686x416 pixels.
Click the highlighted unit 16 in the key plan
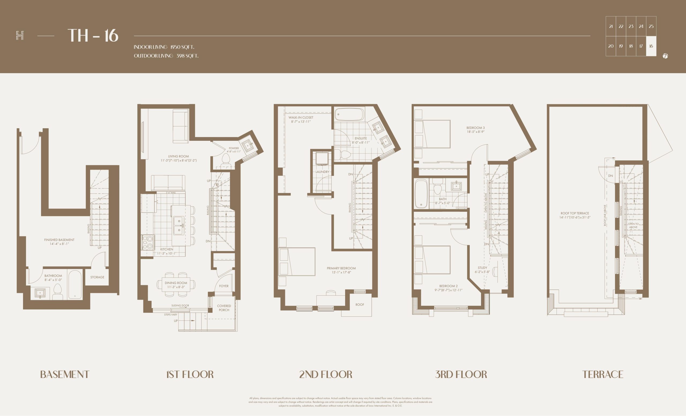tap(651, 46)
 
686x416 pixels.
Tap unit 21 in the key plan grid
tap(611, 27)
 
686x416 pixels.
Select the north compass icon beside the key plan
tap(665, 56)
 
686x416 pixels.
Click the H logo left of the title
tap(20, 36)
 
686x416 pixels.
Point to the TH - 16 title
tap(93, 36)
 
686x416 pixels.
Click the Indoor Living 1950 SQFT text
tap(164, 47)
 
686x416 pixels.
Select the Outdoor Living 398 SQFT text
tap(166, 56)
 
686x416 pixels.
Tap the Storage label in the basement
tap(97, 277)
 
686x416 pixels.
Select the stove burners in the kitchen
tap(148, 242)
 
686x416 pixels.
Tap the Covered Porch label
tap(224, 308)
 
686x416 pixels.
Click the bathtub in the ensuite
tap(349, 115)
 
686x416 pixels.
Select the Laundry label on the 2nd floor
tap(322, 172)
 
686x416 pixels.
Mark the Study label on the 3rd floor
tap(483, 268)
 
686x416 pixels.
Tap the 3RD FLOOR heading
tap(461, 375)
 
